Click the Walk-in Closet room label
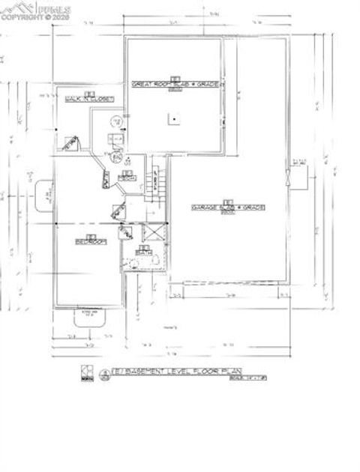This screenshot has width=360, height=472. [90, 99]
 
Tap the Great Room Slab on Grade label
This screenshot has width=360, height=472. [175, 85]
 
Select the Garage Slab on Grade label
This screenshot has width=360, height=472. [228, 207]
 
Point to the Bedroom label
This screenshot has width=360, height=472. [90, 241]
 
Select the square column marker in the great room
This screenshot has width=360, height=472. [174, 118]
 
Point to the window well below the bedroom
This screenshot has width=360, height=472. [91, 318]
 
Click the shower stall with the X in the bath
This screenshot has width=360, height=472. [153, 235]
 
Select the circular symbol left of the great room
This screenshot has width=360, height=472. [115, 121]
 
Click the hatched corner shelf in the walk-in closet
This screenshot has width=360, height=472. [71, 142]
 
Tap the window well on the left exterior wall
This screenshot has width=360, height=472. [41, 194]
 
